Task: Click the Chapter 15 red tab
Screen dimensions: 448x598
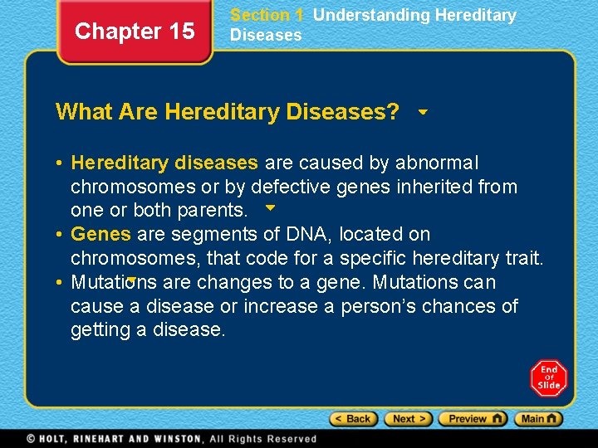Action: pos(135,32)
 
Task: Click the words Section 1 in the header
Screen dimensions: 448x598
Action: pos(267,15)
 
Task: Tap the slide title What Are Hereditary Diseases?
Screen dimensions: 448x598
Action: pos(227,112)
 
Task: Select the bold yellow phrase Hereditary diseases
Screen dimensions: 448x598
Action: pos(164,163)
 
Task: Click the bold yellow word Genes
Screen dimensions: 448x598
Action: pos(100,235)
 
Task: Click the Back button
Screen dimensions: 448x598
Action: pos(352,419)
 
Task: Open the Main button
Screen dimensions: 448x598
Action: pos(537,419)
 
